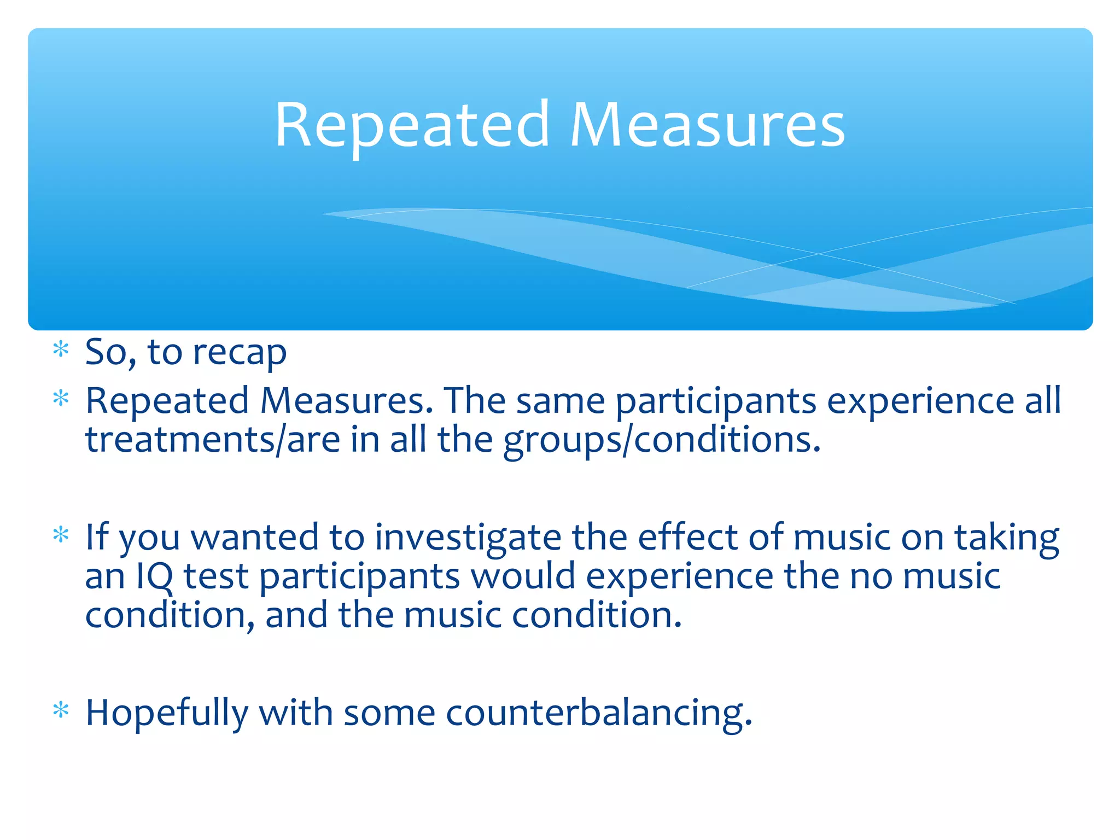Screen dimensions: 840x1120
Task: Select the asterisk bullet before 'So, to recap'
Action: click(61, 349)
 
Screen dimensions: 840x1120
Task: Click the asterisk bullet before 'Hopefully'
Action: click(61, 710)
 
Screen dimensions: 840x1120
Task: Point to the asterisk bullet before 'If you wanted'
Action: click(61, 534)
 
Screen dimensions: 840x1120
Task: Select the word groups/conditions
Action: click(662, 440)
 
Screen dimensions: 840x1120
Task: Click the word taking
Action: click(1007, 538)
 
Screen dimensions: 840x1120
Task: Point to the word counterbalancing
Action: click(599, 714)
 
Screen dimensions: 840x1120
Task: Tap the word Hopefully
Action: click(167, 714)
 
